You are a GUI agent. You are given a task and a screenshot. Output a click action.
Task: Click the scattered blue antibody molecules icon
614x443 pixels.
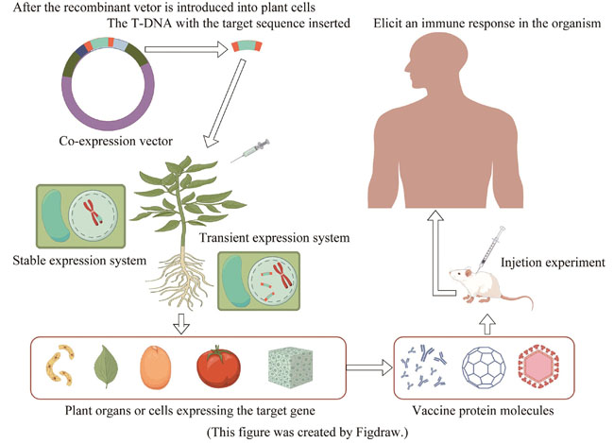tap(424, 368)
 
